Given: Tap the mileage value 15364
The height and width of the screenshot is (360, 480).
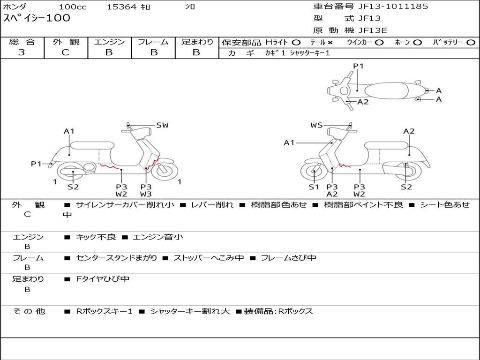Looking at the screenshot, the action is [122, 7].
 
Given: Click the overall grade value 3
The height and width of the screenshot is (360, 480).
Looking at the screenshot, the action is [22, 52].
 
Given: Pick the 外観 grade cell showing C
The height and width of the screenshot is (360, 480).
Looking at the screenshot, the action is [66, 52].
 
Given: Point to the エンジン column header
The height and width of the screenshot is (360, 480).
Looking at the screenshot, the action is [109, 42].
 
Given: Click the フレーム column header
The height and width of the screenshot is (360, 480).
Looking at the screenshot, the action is [153, 42].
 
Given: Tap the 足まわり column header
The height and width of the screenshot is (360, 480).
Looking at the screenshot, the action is [197, 42].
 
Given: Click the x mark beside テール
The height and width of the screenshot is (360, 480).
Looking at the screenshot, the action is [330, 42].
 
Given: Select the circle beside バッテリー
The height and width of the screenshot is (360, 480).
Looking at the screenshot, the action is [471, 42].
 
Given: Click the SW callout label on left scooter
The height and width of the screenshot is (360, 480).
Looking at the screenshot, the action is [162, 125].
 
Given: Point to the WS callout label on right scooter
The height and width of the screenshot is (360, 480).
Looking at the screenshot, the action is [316, 125].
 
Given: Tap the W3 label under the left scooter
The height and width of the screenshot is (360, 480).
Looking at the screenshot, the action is [146, 194].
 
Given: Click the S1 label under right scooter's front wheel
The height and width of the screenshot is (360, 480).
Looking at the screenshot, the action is [314, 187].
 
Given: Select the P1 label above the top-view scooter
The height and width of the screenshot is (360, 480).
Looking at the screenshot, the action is [358, 66].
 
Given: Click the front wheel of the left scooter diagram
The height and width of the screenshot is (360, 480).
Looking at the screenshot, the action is [165, 170].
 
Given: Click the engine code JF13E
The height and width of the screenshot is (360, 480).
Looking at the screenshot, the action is [373, 30].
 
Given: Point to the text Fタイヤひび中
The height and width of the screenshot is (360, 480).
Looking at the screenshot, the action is [103, 279].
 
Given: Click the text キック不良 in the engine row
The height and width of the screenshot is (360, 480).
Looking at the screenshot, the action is [96, 237].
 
